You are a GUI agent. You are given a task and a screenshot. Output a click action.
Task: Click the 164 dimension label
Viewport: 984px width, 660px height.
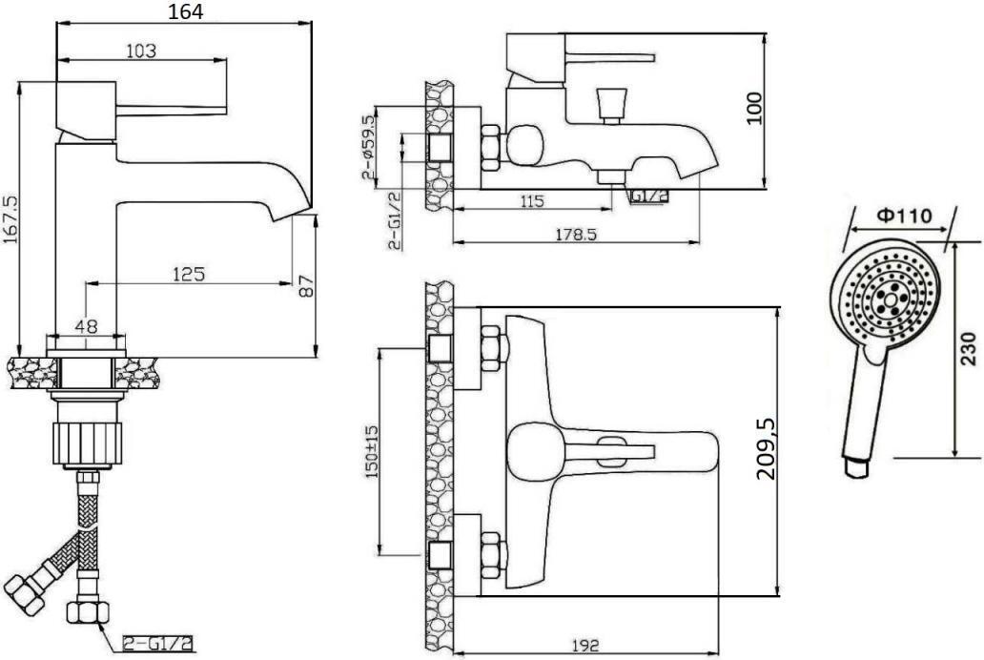[x=185, y=10]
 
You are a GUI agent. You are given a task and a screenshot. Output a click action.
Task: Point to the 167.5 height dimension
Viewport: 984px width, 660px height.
[x=10, y=219]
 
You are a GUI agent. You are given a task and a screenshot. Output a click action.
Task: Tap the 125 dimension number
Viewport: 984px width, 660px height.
[x=189, y=274]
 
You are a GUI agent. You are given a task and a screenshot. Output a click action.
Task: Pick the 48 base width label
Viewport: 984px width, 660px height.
[x=87, y=326]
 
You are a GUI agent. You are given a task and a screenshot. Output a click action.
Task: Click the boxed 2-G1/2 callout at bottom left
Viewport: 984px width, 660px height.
[x=158, y=643]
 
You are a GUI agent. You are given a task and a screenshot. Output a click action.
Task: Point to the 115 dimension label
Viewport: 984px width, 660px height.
[x=531, y=201]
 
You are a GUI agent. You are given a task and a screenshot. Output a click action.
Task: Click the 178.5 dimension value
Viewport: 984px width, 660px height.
[x=576, y=234]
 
